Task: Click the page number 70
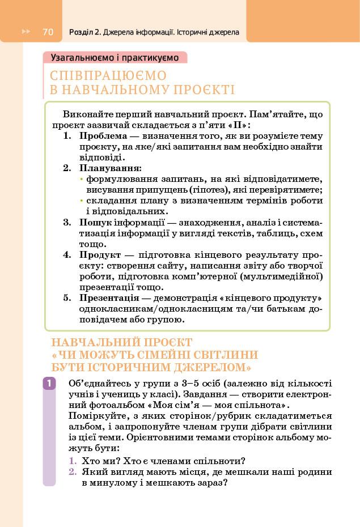tap(48, 32)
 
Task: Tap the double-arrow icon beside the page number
tap(26, 32)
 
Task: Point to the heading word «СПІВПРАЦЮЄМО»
tap(108, 75)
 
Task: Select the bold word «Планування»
tap(110, 168)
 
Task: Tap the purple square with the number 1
tap(49, 384)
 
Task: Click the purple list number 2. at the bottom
tap(73, 472)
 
